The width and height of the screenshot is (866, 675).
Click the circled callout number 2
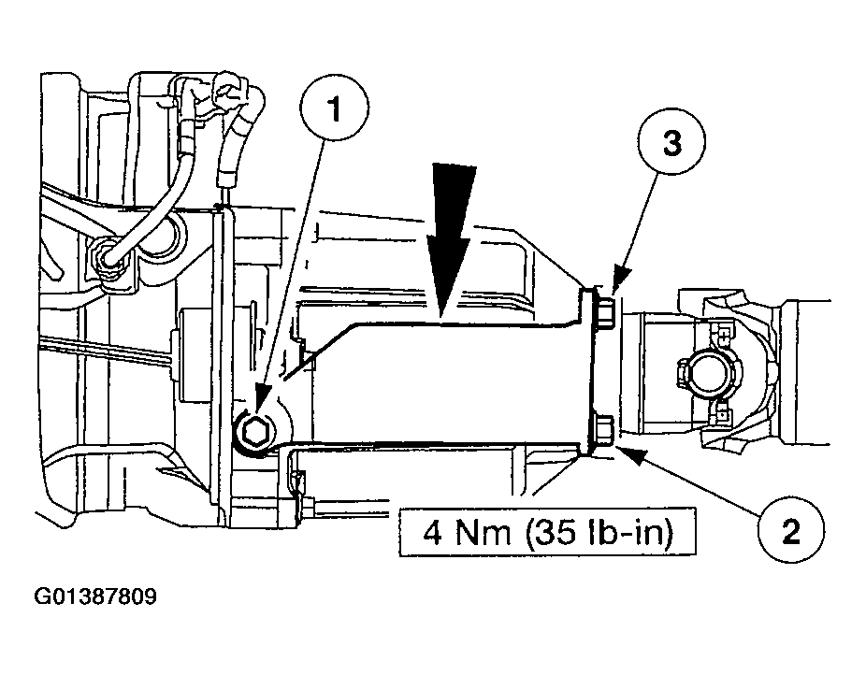coord(791,530)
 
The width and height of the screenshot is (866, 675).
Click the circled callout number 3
coord(671,142)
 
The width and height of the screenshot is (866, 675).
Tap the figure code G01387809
coord(95,596)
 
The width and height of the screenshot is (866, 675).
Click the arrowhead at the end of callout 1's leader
coord(261,400)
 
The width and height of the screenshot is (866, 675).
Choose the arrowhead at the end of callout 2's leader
coord(632,454)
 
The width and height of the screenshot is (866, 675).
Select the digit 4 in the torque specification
coord(434,533)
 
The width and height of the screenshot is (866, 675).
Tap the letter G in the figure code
coord(41,596)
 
